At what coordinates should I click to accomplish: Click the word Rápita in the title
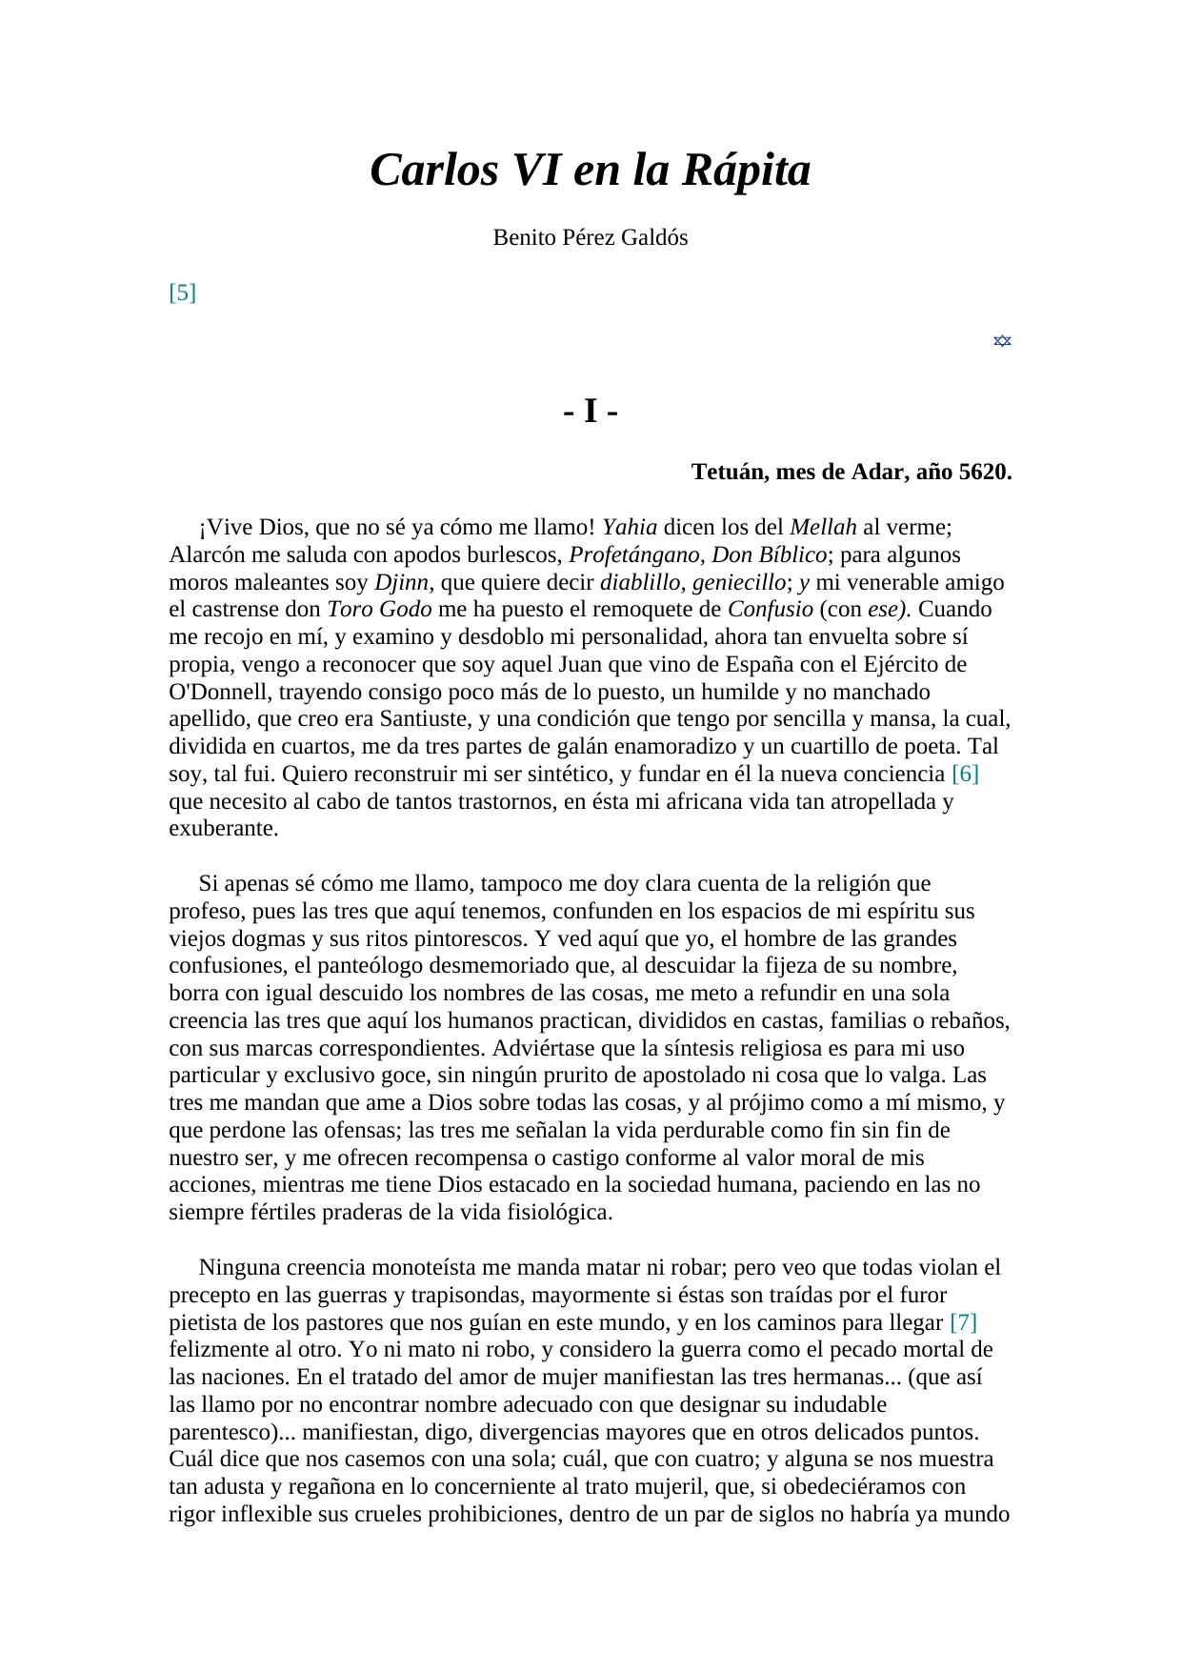pyautogui.click(x=746, y=171)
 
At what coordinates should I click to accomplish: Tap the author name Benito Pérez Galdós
pyautogui.click(x=590, y=238)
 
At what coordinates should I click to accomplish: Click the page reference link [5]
pyautogui.click(x=182, y=292)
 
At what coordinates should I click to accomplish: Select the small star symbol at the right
pyautogui.click(x=1001, y=341)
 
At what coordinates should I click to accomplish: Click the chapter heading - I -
pyautogui.click(x=591, y=413)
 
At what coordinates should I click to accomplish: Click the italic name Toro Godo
pyautogui.click(x=379, y=610)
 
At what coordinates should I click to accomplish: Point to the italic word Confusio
pyautogui.click(x=770, y=610)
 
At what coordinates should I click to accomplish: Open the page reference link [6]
pyautogui.click(x=965, y=775)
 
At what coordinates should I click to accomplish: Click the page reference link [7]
pyautogui.click(x=963, y=1323)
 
